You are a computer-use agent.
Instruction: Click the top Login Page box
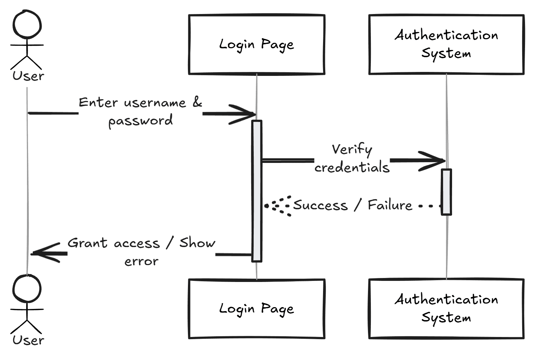pos(257,45)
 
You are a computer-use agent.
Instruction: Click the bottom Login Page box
pos(257,309)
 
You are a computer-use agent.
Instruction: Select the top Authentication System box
pos(446,45)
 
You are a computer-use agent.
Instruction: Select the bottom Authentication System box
pos(446,309)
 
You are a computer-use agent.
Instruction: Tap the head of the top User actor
pos(27,24)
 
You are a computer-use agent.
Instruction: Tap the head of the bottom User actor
pos(27,289)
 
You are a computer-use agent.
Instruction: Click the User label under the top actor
pos(28,76)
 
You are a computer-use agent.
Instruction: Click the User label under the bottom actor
pos(28,340)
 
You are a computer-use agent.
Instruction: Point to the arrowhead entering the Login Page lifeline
pos(248,114)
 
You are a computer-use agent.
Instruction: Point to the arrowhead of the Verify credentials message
pos(437,160)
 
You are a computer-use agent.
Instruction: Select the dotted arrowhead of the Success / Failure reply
pos(277,206)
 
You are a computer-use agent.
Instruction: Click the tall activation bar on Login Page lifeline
pos(257,191)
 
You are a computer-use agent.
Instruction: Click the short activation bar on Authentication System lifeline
pos(446,192)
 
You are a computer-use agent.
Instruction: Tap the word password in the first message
pos(141,120)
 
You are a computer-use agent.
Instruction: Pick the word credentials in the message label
pos(352,168)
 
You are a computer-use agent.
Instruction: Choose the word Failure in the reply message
pos(390,205)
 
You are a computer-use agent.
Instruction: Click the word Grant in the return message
pos(87,243)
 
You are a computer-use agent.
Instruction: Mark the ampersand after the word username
pos(197,102)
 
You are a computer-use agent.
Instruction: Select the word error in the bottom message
pos(141,261)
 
